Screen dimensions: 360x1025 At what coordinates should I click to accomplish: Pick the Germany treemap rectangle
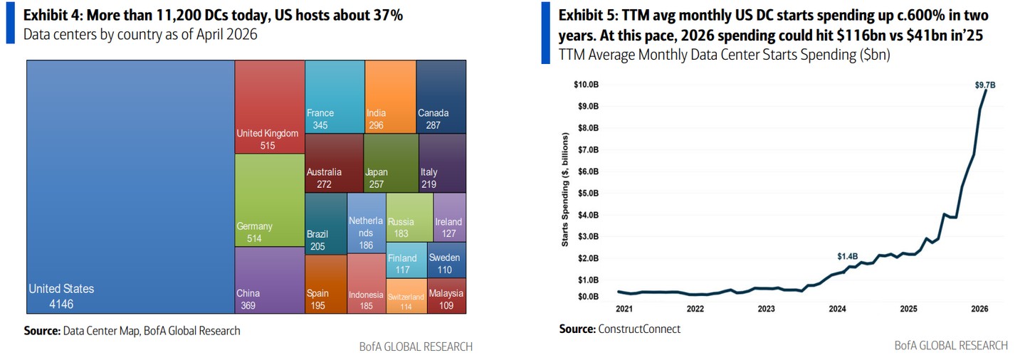[270, 200]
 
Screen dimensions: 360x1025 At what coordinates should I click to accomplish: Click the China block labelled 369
[270, 280]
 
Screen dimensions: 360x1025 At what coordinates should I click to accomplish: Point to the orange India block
[390, 96]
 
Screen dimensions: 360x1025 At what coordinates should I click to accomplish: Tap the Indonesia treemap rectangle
[366, 283]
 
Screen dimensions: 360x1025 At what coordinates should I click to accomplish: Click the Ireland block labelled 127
[449, 217]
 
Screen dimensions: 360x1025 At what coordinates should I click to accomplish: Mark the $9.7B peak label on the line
[984, 85]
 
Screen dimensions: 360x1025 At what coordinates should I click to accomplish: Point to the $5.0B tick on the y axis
[586, 193]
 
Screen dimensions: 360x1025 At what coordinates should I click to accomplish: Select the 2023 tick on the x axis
[766, 309]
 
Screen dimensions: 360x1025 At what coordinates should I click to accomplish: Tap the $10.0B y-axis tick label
[584, 85]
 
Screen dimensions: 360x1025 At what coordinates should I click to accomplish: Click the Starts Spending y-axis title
[565, 189]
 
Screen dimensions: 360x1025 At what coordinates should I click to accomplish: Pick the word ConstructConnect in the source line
[639, 329]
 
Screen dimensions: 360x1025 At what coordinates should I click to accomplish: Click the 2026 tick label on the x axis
[979, 309]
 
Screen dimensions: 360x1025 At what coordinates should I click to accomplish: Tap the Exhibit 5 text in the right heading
[587, 16]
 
